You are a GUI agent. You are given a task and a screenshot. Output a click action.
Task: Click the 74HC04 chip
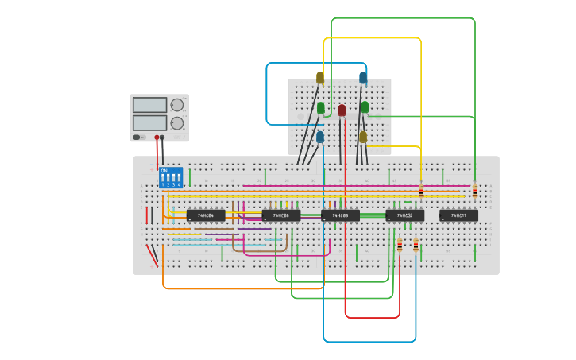point(206,215)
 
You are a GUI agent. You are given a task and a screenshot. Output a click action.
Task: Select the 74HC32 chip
point(404,215)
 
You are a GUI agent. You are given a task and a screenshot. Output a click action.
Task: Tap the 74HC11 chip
point(458,215)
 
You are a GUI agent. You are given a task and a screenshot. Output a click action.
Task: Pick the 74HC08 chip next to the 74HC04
point(281,215)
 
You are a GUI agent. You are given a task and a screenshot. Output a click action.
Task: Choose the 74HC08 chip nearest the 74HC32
point(340,215)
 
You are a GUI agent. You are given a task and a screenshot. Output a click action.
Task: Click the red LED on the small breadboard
point(342,110)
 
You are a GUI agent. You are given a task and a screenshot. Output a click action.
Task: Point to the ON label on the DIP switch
point(164,170)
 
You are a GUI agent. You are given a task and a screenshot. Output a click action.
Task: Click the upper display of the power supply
point(149,105)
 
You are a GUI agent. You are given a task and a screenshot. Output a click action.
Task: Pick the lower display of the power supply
point(149,122)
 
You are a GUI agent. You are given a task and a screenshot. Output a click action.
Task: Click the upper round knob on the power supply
point(177,105)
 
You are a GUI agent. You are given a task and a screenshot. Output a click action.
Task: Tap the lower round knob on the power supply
point(177,123)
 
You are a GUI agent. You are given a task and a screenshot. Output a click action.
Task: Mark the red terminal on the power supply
point(157,137)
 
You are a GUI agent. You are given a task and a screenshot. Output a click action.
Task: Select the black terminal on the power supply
point(163,137)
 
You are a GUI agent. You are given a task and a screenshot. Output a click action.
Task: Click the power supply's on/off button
point(137,137)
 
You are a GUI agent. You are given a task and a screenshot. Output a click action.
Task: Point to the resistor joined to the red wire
point(400,246)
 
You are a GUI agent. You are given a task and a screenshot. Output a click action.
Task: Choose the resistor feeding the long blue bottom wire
point(416,246)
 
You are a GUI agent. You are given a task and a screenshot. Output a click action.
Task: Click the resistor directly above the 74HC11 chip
point(475,191)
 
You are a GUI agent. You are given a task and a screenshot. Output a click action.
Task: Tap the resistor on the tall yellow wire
point(421,191)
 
